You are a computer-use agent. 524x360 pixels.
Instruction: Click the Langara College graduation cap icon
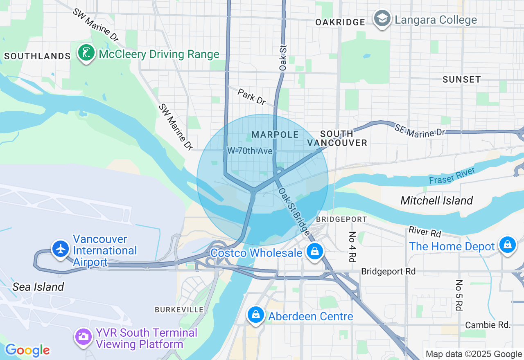[382, 18]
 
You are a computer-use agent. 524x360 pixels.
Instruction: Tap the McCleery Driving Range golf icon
[86, 53]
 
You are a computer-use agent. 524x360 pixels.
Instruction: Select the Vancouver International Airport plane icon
[61, 248]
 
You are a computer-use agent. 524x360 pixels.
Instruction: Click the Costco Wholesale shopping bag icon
[314, 251]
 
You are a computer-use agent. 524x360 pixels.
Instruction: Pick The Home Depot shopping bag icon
[507, 245]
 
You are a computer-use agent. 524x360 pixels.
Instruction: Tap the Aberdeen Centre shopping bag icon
[255, 315]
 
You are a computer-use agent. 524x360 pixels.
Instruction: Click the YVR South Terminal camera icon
[83, 337]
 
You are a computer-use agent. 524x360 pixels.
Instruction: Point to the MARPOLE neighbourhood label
[275, 135]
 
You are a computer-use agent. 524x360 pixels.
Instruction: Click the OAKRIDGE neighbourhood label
[340, 22]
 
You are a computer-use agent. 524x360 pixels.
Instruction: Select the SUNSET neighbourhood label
[461, 79]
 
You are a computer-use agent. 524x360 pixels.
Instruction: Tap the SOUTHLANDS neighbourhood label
[37, 56]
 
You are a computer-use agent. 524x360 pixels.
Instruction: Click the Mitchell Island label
[436, 200]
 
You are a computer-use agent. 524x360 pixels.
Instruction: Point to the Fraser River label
[452, 175]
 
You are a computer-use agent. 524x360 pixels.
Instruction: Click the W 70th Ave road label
[250, 151]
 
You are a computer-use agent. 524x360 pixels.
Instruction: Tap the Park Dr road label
[251, 96]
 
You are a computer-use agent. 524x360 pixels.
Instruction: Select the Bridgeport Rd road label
[388, 271]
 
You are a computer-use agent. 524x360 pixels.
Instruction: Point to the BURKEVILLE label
[179, 310]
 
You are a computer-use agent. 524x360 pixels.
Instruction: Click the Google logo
[27, 350]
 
